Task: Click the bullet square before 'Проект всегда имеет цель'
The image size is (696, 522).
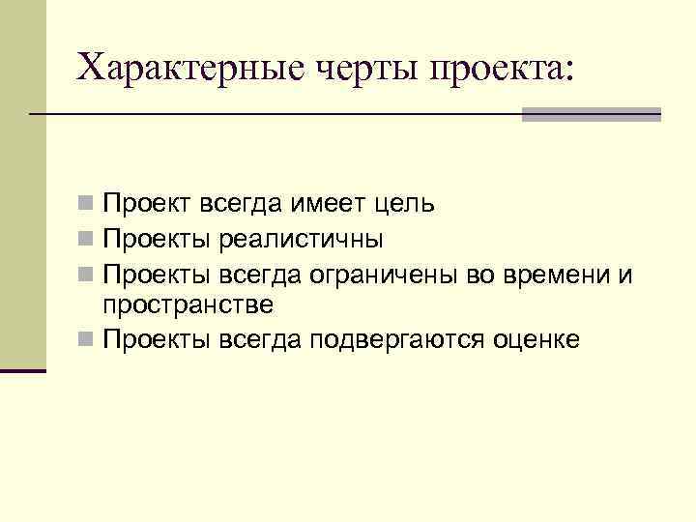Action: coord(87,205)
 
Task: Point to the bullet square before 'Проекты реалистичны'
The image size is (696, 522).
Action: coord(87,239)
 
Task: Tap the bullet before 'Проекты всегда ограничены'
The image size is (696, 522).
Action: coord(87,274)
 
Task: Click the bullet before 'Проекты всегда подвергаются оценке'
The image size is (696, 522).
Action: coord(87,339)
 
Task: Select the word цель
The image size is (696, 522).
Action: coord(404,204)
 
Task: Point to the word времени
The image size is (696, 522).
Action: coord(556,274)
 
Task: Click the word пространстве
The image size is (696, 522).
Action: coord(188,305)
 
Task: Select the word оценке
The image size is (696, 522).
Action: coord(536,339)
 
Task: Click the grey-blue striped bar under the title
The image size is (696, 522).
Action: coord(591,114)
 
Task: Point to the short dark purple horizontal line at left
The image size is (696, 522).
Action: coord(23,370)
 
